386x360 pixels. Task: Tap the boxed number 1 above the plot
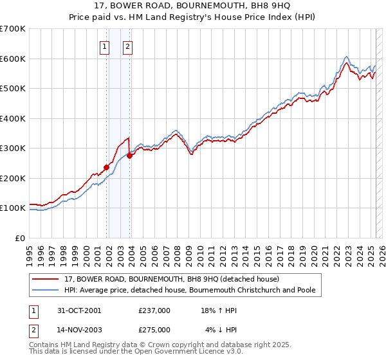(x=105, y=46)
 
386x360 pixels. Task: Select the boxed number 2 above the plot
(x=128, y=46)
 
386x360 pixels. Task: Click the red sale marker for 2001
(x=106, y=167)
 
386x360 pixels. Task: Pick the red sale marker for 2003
(x=129, y=156)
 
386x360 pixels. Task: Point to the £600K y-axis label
(x=13, y=59)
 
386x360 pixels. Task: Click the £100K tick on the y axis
(x=13, y=208)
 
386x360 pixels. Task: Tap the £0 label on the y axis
(x=19, y=238)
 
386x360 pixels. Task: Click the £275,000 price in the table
(x=154, y=329)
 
